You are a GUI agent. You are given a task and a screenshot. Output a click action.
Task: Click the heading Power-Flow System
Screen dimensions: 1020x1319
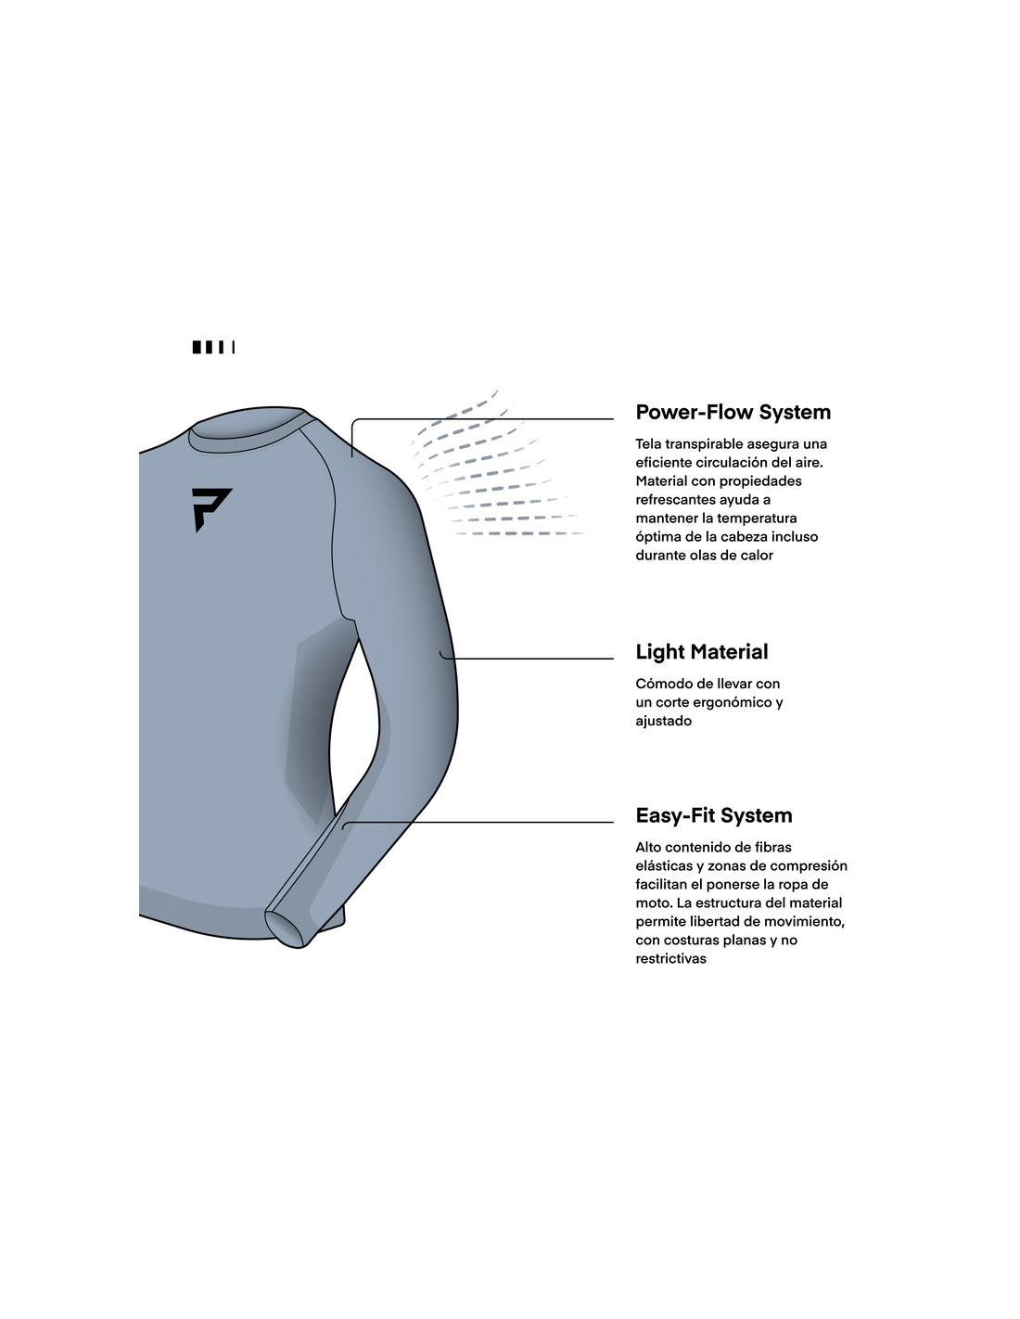pos(733,412)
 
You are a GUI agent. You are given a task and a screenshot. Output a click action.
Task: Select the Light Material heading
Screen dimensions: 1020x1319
pos(701,651)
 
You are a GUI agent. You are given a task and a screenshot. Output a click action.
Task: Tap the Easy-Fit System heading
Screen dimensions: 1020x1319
pos(714,815)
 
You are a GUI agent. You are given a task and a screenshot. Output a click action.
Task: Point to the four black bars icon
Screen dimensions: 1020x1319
pos(213,347)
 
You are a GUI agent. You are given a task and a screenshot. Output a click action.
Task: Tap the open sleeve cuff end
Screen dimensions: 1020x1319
pos(284,928)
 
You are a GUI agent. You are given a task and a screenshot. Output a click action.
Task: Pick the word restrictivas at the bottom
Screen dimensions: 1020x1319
pos(670,959)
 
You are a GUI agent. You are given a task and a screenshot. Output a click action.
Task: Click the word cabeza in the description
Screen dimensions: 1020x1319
pos(746,536)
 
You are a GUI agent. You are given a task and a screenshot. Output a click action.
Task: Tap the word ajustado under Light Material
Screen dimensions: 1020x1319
pos(663,721)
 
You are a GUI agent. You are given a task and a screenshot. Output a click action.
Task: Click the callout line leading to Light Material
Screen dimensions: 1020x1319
pos(527,659)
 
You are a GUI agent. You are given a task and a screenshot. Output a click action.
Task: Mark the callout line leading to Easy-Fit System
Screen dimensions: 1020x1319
pos(478,823)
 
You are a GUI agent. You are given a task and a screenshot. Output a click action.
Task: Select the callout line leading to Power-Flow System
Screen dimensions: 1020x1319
pos(483,419)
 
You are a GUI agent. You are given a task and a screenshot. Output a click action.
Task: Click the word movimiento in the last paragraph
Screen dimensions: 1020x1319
pos(804,921)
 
